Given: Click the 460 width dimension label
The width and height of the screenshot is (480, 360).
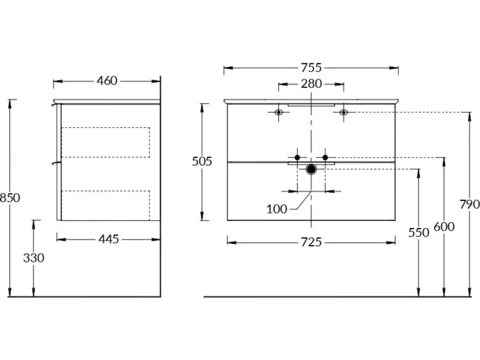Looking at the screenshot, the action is (x=107, y=81).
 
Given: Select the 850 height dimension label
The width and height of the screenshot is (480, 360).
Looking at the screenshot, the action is (x=10, y=198).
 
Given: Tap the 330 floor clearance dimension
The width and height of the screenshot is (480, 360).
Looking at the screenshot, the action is (x=34, y=258).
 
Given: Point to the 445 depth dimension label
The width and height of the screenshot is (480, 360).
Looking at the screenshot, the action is (x=108, y=239).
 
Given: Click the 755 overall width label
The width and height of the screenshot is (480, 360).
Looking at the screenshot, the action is (x=311, y=68).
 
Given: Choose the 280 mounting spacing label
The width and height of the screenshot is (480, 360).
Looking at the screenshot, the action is (x=311, y=84).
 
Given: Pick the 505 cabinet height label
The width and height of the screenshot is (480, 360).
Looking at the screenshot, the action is (x=202, y=161).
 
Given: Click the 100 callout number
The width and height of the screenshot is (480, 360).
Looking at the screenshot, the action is (x=277, y=209).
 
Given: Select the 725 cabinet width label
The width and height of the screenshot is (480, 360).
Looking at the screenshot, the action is (x=311, y=242).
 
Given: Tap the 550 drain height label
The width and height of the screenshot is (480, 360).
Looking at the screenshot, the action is (x=419, y=233).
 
